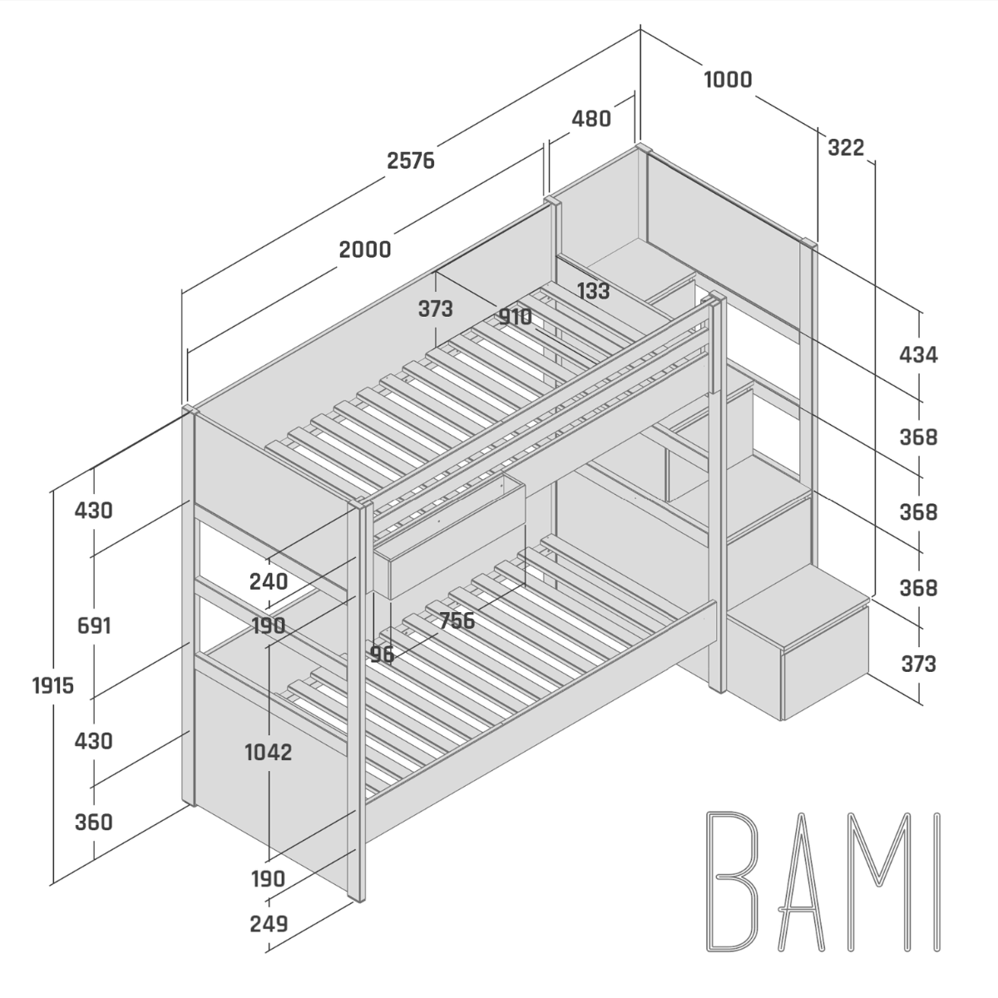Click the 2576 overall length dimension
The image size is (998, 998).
(411, 160)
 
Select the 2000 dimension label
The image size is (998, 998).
(365, 249)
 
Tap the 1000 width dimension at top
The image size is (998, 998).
(728, 80)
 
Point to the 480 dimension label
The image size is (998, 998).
(590, 119)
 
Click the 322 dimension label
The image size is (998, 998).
(846, 148)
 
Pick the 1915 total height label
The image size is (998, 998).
(53, 685)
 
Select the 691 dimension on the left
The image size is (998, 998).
(93, 625)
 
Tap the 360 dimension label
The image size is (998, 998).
(93, 822)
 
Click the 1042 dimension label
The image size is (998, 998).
(268, 752)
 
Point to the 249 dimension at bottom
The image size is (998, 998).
(268, 923)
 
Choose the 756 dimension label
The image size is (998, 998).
(457, 621)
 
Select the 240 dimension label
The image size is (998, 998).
(268, 581)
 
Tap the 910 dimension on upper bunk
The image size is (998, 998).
(515, 317)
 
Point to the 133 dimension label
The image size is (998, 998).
(592, 291)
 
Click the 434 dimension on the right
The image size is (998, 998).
(918, 355)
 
